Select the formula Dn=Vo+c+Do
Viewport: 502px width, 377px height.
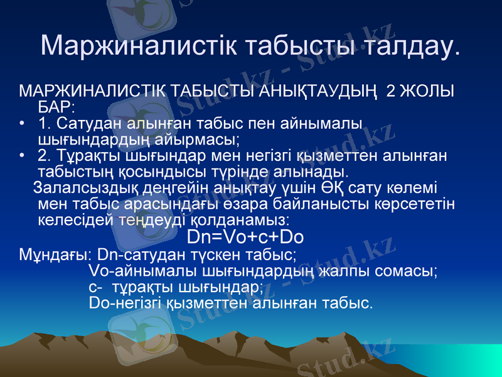pyautogui.click(x=246, y=238)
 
